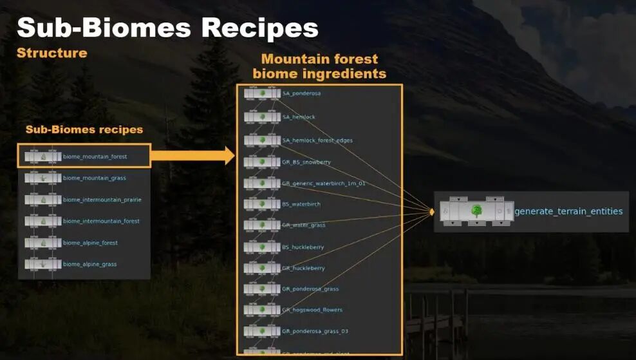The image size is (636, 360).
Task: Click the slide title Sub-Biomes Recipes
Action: (x=167, y=28)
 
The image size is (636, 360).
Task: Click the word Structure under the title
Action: (x=51, y=53)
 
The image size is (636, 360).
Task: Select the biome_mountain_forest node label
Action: (x=95, y=156)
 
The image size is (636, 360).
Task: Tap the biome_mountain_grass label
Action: (x=94, y=178)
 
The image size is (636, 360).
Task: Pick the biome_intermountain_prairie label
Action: (x=102, y=200)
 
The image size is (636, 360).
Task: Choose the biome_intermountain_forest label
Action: (x=101, y=221)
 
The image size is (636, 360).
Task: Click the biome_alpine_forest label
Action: (x=90, y=243)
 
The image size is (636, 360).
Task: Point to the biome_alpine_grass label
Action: (x=89, y=264)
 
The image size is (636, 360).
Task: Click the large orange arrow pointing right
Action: (x=193, y=155)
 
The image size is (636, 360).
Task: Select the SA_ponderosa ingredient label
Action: (x=301, y=93)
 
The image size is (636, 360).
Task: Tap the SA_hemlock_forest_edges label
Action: (x=317, y=140)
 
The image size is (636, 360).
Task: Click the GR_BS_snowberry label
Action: (x=306, y=162)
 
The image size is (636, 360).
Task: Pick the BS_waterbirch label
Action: (x=301, y=204)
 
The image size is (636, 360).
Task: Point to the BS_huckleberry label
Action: (x=303, y=247)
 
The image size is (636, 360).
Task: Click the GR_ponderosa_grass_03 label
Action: (x=315, y=331)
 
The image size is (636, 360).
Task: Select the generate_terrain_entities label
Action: (x=568, y=211)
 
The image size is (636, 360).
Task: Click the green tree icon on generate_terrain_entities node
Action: (x=476, y=211)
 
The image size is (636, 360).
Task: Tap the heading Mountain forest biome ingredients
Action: (x=319, y=66)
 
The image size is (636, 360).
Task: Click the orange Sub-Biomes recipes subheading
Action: (x=84, y=129)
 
